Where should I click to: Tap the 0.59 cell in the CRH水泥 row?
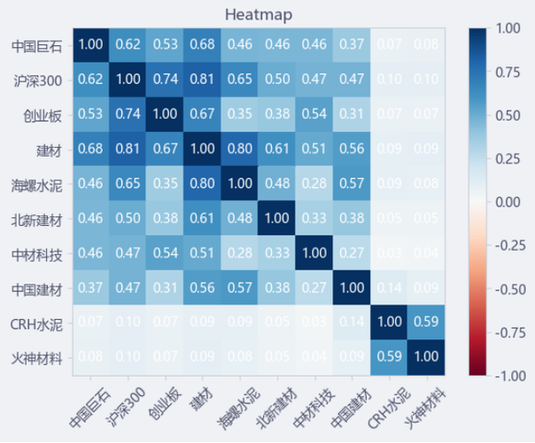pyautogui.click(x=425, y=323)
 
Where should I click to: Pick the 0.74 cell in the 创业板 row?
pyautogui.click(x=128, y=113)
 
